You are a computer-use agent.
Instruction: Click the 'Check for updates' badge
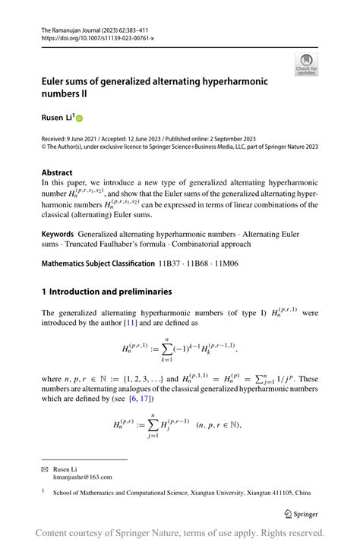tap(306, 64)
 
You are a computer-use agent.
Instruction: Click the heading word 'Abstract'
tap(57, 172)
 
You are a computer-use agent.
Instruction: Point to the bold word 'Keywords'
tap(58, 234)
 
